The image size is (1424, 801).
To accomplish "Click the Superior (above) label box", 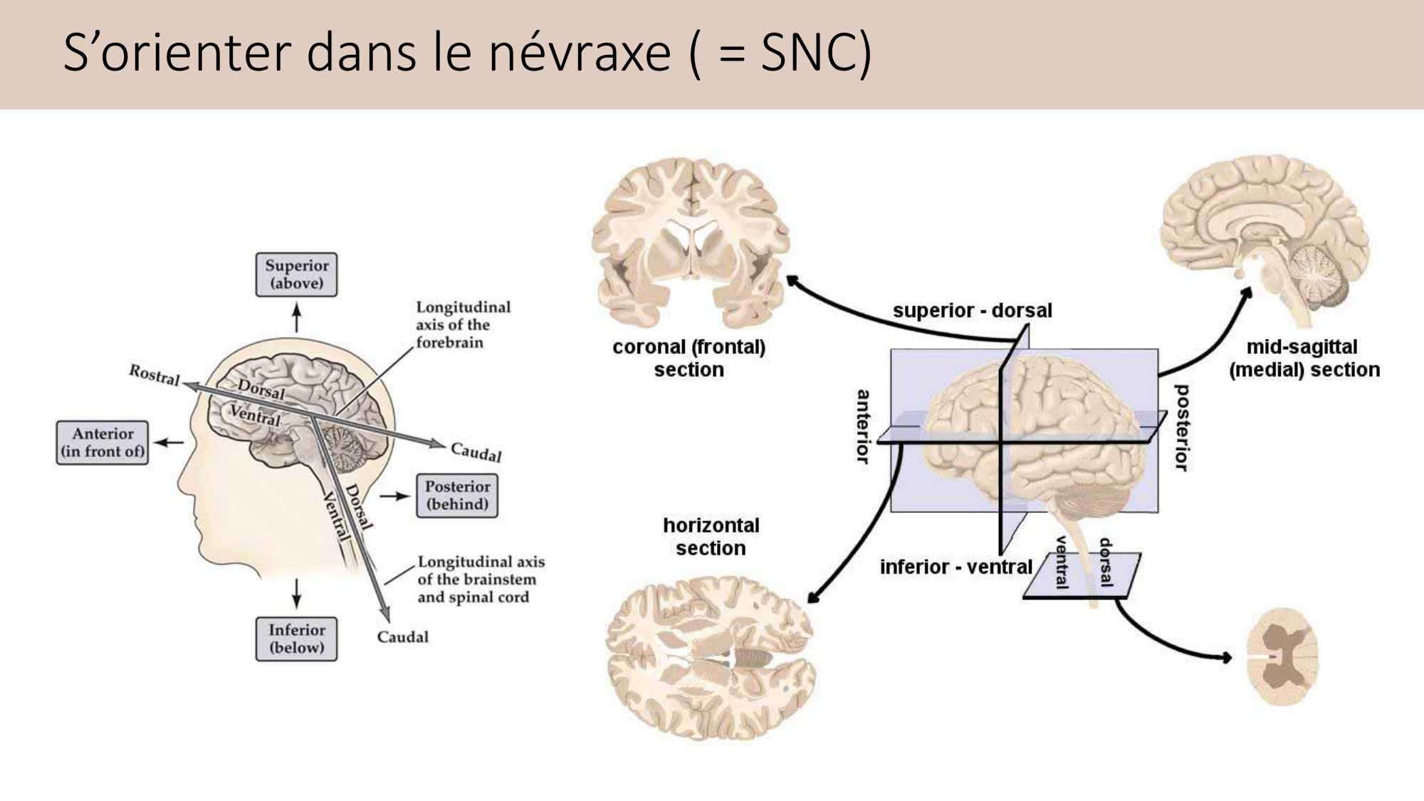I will point(296,275).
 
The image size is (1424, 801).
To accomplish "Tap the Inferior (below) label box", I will point(296,639).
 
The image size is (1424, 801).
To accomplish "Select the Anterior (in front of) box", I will point(103,443).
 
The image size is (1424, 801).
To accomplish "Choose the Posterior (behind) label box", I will point(457,496).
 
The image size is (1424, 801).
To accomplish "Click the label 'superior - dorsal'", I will point(972,311).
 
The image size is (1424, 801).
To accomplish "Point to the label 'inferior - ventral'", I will point(956,567).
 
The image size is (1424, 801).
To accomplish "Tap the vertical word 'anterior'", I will point(863,426).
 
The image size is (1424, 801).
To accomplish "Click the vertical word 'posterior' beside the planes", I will point(1181,428).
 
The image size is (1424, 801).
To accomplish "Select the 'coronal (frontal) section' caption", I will point(689,358).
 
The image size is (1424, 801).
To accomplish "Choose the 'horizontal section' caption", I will point(711,537).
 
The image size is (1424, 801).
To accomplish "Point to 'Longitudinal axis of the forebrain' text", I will point(463,325).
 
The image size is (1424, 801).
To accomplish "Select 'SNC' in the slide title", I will point(808,53).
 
